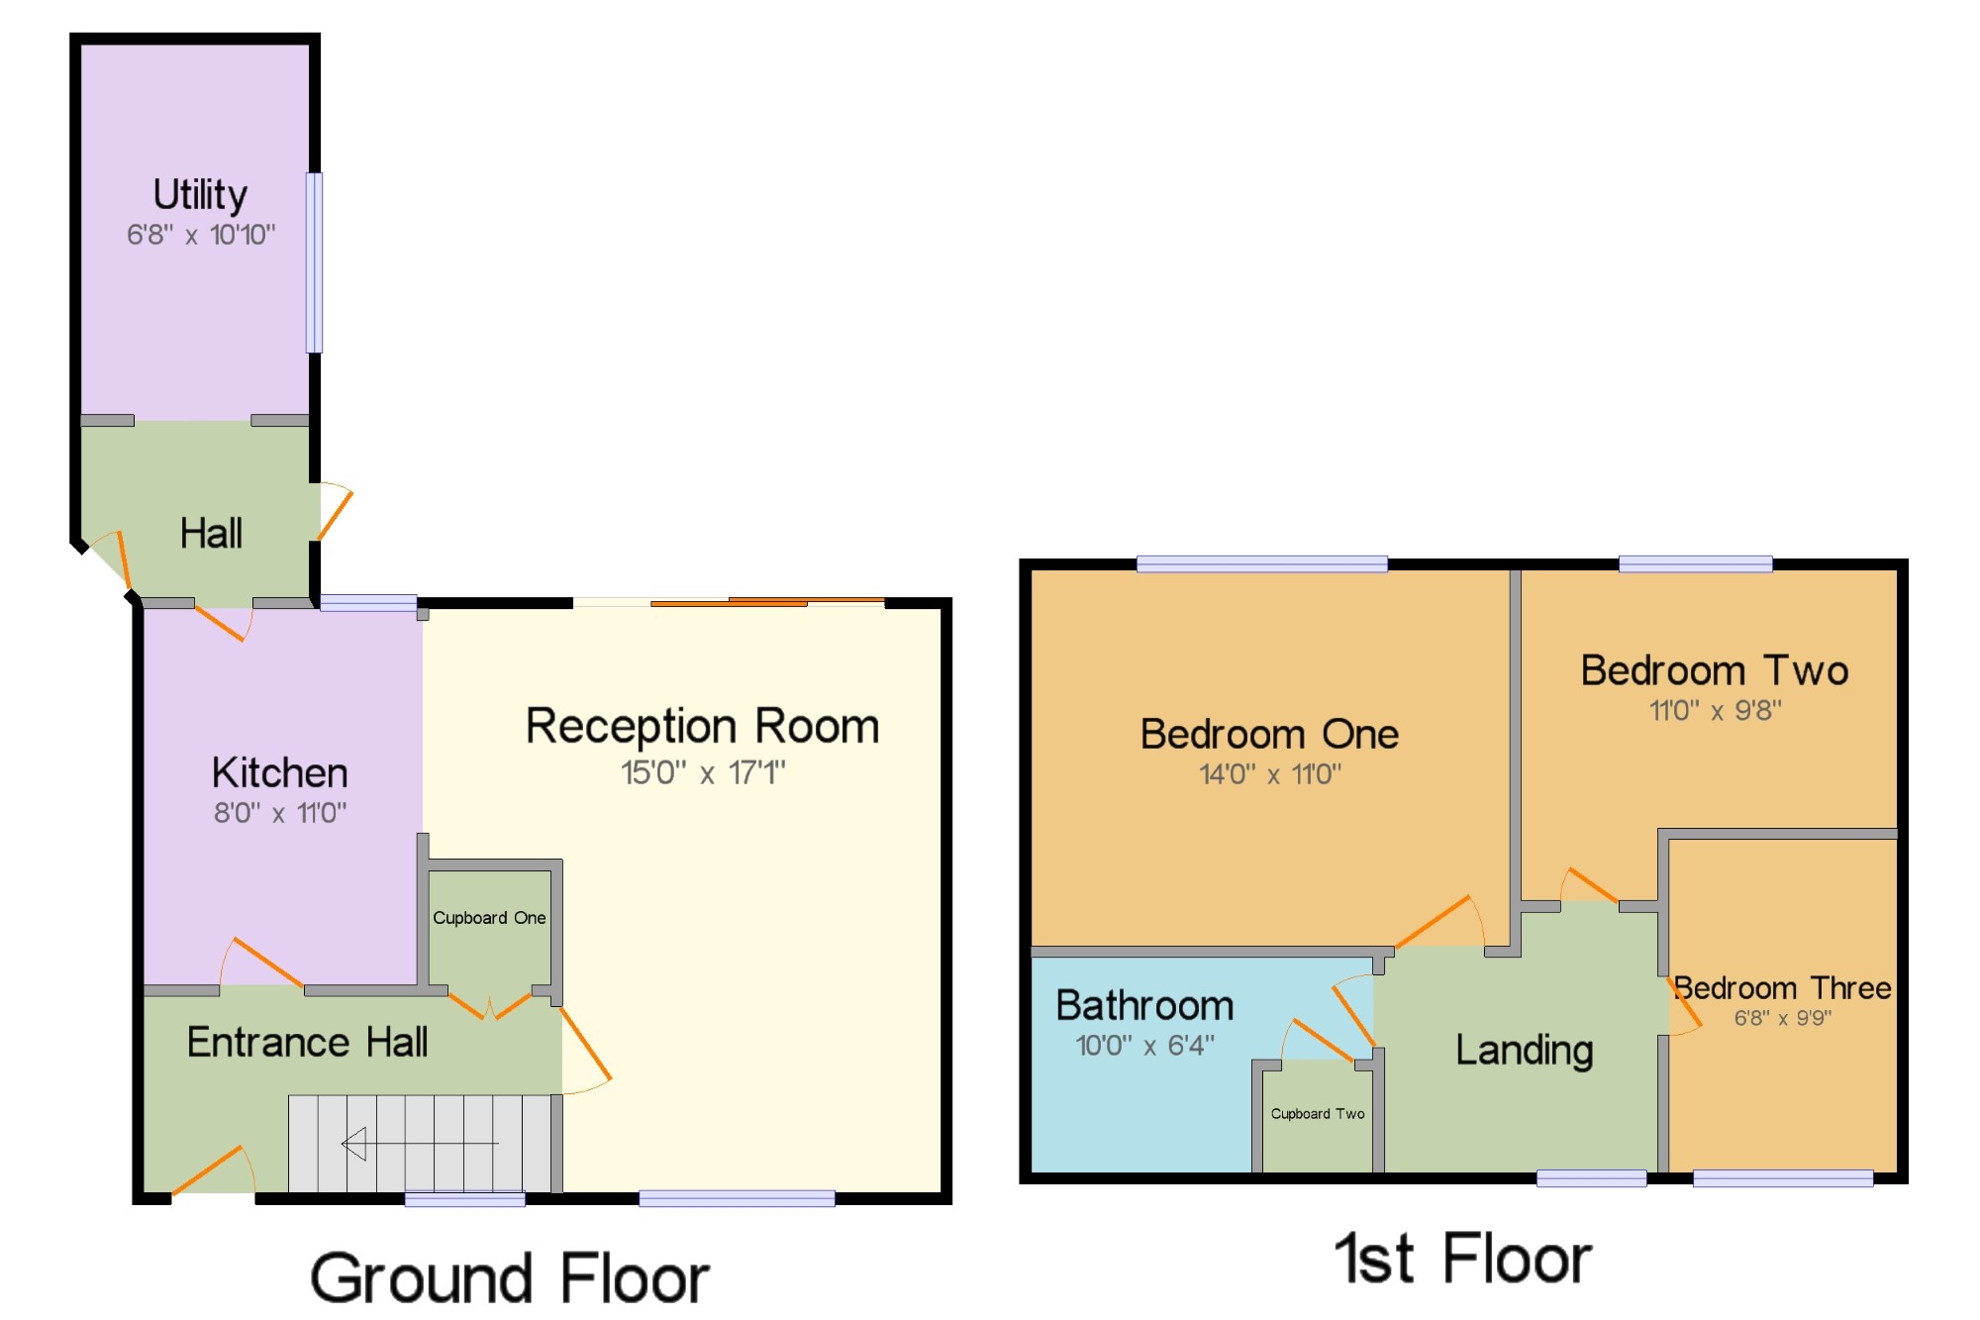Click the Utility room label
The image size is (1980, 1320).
click(x=200, y=195)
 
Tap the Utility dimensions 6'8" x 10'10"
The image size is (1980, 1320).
click(x=201, y=235)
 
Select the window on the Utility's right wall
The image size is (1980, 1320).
click(x=314, y=262)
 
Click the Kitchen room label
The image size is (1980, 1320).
click(x=280, y=772)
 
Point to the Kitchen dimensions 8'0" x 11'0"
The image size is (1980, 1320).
click(x=280, y=813)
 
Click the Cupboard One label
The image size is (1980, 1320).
click(x=489, y=918)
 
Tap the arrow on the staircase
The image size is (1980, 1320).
click(x=420, y=1144)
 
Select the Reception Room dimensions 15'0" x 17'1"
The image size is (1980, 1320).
click(x=703, y=772)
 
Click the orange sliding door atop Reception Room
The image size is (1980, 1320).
click(x=767, y=601)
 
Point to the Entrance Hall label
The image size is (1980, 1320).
click(x=308, y=1042)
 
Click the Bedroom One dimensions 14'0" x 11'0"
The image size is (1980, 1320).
click(x=1270, y=773)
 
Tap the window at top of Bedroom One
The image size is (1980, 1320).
click(x=1262, y=564)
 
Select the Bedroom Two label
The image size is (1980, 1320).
click(x=1715, y=670)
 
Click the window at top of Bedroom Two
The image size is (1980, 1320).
click(x=1696, y=564)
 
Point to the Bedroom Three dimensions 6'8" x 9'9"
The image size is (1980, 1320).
click(x=1783, y=1018)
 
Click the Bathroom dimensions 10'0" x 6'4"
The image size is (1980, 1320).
click(x=1145, y=1046)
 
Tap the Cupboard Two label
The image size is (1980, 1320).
click(x=1318, y=1114)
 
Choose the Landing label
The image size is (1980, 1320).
click(x=1525, y=1051)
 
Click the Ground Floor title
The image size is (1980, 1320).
click(x=510, y=1278)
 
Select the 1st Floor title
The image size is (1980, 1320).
click(x=1463, y=1259)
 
